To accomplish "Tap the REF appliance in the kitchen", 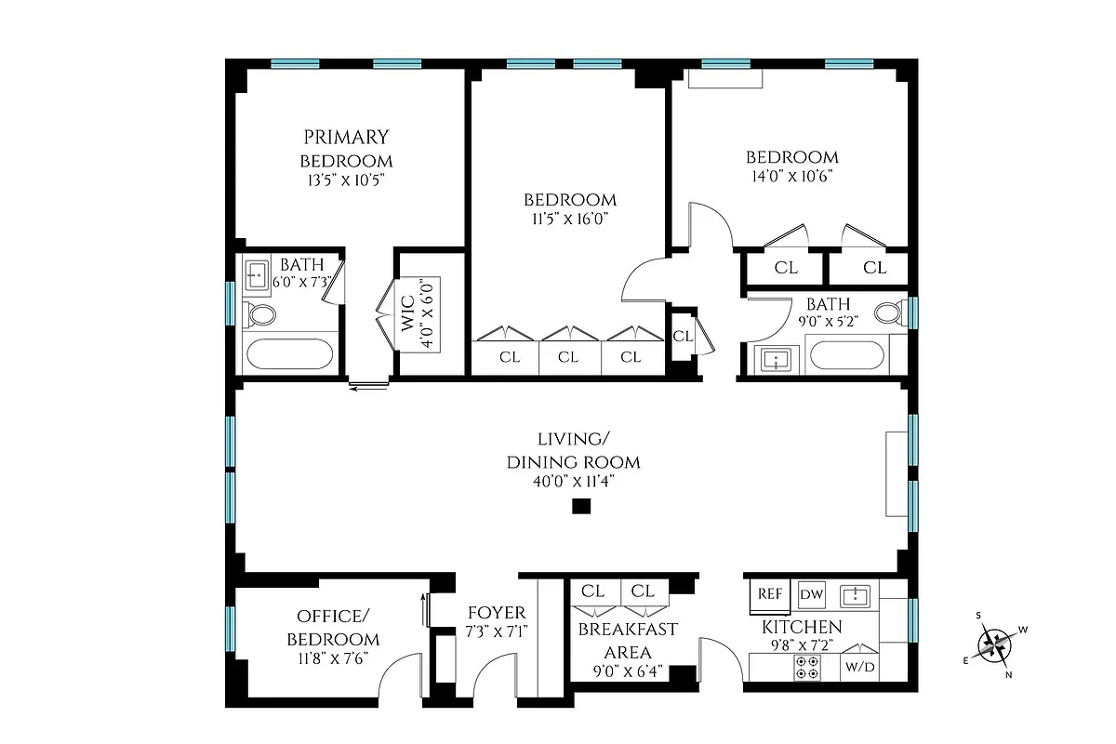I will [x=769, y=593].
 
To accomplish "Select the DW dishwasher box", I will [x=811, y=593].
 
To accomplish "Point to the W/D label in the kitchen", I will [x=858, y=667].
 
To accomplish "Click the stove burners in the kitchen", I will [x=806, y=667].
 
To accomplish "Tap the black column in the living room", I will [x=581, y=507].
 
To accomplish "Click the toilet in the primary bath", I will [x=260, y=315].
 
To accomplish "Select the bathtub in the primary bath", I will [x=288, y=355].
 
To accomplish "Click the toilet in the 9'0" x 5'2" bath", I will [x=889, y=312].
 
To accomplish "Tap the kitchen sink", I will [x=854, y=595].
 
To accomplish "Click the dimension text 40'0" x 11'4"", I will [x=573, y=481].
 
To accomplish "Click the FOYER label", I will [x=497, y=613].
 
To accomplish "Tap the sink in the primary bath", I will [x=257, y=275].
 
